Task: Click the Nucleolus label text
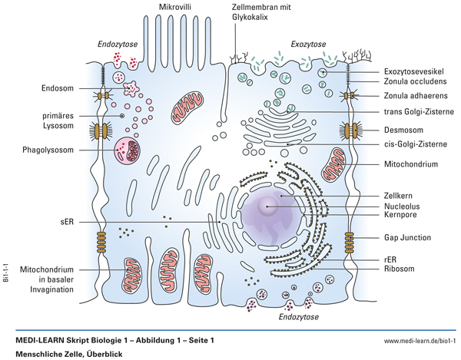tap(403, 206)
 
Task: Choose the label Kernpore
tap(403, 216)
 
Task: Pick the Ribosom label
tap(402, 269)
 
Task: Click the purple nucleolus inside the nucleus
tap(268, 205)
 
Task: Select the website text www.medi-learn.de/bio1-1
tap(420, 339)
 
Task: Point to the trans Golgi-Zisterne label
tap(419, 112)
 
